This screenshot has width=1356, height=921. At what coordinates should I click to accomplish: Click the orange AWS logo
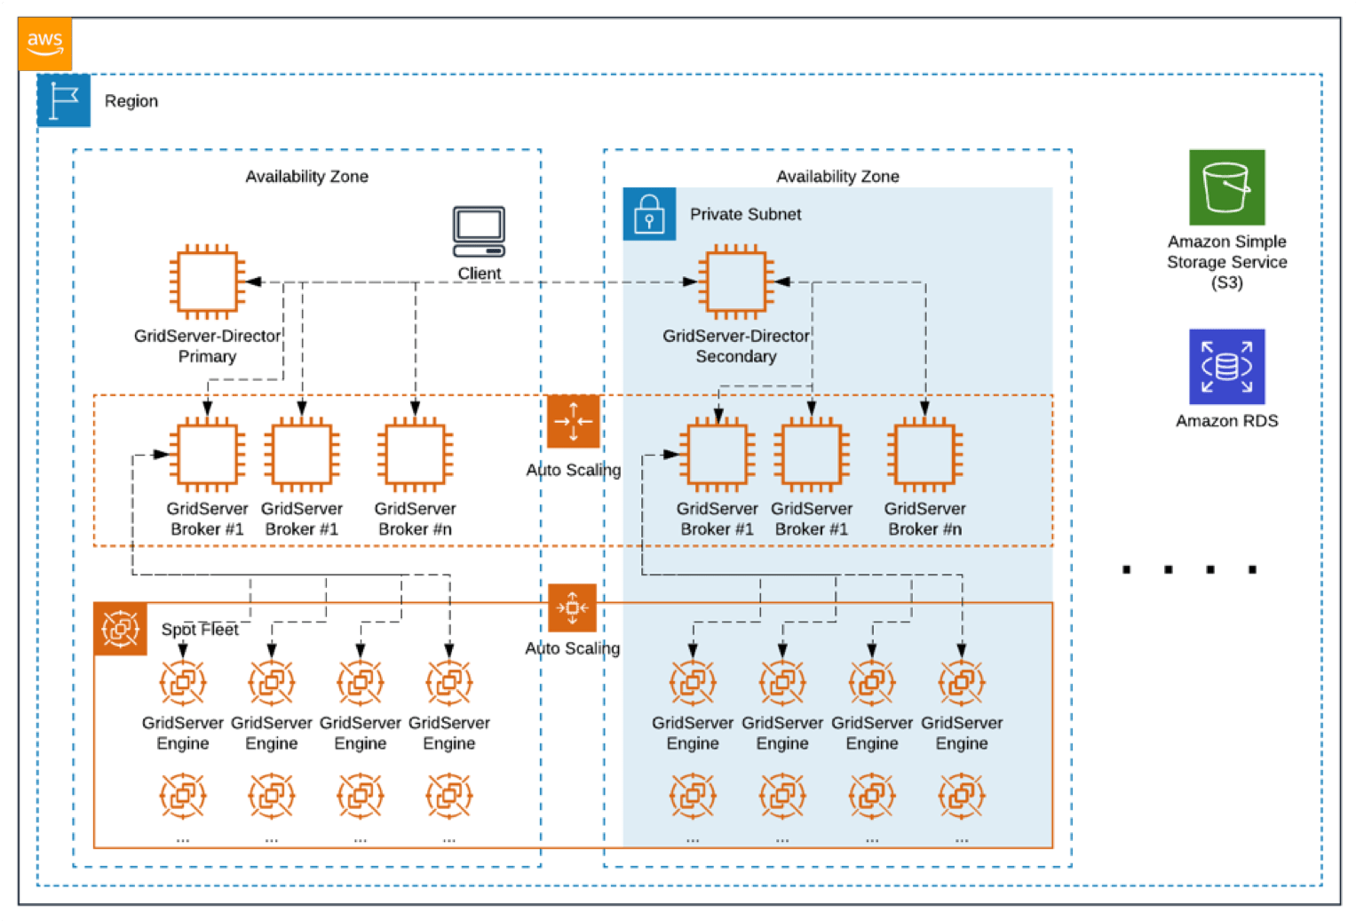tap(44, 44)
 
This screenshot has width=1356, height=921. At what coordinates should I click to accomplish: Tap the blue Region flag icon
tap(64, 100)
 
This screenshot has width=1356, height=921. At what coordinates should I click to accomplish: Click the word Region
tap(131, 101)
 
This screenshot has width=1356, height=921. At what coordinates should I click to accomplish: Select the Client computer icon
tap(479, 232)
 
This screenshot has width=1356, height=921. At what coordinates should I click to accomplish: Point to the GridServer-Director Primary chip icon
tap(207, 282)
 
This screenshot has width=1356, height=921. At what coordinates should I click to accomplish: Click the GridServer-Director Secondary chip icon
tap(735, 282)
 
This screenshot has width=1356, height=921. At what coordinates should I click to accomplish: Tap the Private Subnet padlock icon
tap(649, 214)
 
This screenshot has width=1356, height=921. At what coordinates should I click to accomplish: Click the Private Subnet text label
tap(745, 214)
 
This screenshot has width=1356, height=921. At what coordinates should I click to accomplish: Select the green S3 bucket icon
tap(1226, 187)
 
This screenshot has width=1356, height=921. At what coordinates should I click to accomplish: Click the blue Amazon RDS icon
tap(1226, 367)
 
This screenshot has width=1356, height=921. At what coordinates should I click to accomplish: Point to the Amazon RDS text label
tap(1226, 421)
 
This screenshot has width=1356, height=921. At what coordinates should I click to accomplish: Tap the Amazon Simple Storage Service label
tap(1226, 262)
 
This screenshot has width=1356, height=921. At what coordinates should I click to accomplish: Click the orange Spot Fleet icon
tap(120, 629)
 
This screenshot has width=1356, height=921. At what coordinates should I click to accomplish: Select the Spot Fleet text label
tap(200, 629)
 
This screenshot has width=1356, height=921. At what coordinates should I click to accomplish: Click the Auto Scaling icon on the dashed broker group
tap(573, 421)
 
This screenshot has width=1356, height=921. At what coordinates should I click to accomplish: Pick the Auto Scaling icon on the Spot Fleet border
tap(572, 608)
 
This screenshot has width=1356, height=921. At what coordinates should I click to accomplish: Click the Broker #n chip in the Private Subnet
tap(924, 455)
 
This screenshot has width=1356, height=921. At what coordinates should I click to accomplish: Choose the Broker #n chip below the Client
tap(415, 455)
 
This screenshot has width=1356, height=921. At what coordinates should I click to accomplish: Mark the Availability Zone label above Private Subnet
tap(837, 177)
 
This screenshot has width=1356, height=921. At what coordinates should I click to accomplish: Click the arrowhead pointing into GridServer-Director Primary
tap(253, 282)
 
